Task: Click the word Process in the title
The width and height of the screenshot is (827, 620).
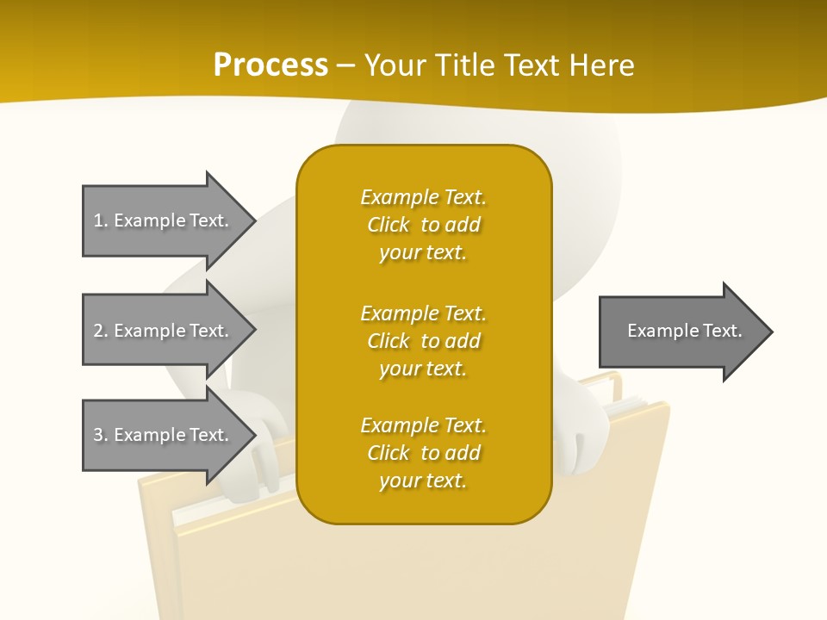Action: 270,65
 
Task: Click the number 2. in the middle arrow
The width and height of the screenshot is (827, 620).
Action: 100,331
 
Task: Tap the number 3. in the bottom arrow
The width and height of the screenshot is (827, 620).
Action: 100,435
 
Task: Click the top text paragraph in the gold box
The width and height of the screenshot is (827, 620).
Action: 423,225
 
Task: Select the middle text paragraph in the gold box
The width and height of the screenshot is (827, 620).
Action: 423,341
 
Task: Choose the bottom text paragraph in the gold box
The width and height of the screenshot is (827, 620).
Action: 423,453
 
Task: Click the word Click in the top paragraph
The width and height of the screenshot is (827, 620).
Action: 388,225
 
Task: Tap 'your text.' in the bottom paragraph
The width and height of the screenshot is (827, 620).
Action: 423,480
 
